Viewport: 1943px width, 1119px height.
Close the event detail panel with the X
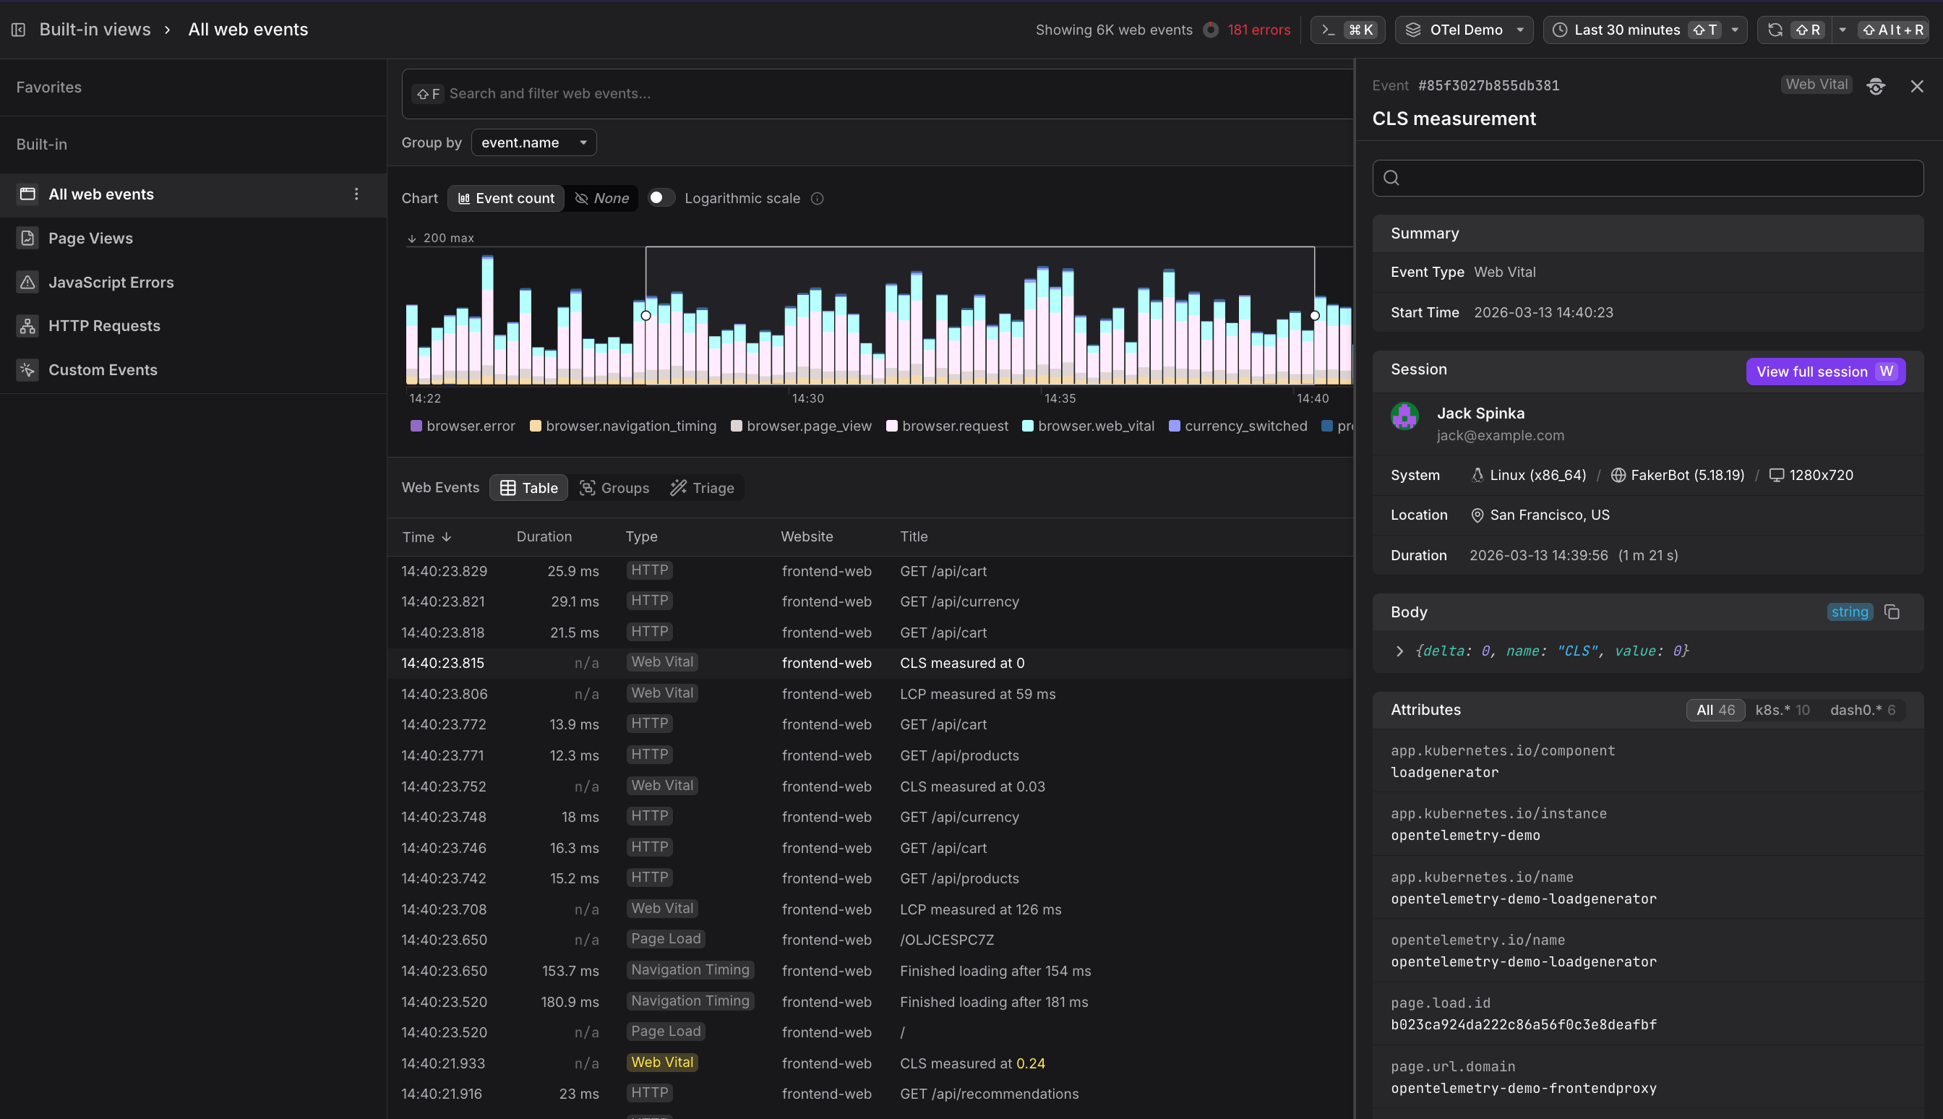1916,86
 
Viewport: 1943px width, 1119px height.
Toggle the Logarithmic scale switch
660,198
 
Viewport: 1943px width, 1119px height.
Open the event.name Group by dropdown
533,143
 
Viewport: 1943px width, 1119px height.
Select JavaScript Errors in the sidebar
111,282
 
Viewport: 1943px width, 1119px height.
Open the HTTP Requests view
103,326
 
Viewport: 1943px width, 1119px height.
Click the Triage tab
702,488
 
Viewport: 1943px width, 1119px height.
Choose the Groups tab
614,488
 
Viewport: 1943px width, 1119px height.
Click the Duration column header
544,536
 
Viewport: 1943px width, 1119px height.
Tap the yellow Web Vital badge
662,1062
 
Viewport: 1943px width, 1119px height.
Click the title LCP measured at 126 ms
980,909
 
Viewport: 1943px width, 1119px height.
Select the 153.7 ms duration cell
570,971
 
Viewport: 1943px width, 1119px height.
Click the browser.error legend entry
463,426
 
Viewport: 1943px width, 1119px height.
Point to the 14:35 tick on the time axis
1060,398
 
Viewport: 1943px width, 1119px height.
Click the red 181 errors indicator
1258,30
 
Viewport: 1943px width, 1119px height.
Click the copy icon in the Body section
1892,612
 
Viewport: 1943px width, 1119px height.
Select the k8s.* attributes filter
1782,710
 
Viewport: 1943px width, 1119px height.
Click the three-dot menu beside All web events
356,194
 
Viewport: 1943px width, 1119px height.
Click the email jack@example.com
1500,435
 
